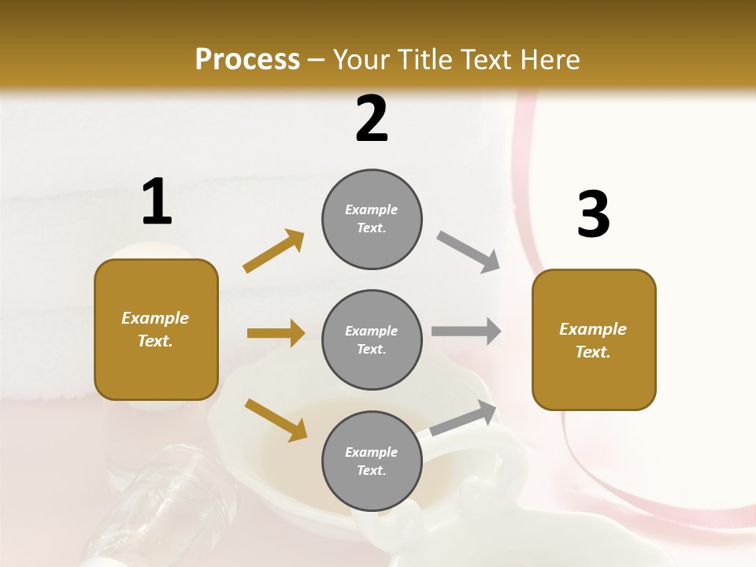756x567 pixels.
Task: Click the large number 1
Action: point(157,202)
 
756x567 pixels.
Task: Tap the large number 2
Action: point(372,119)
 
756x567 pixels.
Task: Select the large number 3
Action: point(593,214)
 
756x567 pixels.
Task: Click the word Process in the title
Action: point(247,59)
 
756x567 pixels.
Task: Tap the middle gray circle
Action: point(372,339)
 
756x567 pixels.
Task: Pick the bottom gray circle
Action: point(372,461)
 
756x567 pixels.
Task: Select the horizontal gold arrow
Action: point(276,333)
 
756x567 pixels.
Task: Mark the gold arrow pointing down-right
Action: point(276,419)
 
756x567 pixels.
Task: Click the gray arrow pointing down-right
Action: point(468,251)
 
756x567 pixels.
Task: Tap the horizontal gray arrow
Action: point(466,331)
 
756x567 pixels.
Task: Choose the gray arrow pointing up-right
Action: point(464,418)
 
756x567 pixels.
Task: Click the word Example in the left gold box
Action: point(155,318)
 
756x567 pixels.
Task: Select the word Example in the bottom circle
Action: point(372,452)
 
